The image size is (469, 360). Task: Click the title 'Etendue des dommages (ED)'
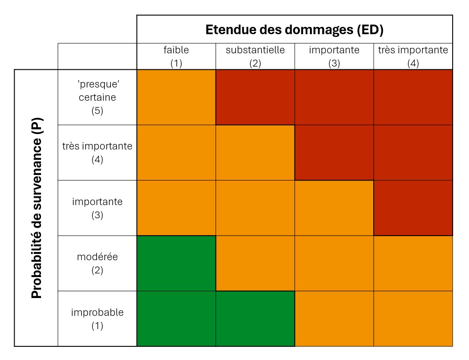coord(294,30)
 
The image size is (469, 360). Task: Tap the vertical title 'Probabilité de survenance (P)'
coord(36,208)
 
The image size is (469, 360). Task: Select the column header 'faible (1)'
coord(176,57)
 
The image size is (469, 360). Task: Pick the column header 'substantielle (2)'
coord(255,57)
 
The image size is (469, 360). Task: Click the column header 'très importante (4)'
coord(413,57)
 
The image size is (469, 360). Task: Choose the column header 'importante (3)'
coord(334,57)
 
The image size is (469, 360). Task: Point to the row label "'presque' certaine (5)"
coord(97,98)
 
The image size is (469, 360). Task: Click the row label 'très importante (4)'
coord(97,153)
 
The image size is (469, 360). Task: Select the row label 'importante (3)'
coord(97,208)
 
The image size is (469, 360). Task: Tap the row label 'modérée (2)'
coord(97,263)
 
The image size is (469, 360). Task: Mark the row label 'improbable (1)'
coord(97,319)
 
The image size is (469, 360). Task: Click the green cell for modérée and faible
coord(176,263)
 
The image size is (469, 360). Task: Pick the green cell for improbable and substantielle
coord(255,319)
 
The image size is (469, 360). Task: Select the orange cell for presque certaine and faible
coord(176,98)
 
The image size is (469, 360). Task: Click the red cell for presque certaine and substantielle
coord(255,98)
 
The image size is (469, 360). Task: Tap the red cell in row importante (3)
coord(413,208)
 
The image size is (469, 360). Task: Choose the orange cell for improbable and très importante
coord(413,319)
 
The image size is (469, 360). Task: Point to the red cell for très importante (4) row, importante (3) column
coord(334,153)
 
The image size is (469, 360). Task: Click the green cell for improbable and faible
coord(176,319)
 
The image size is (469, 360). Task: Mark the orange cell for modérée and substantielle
coord(255,263)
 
